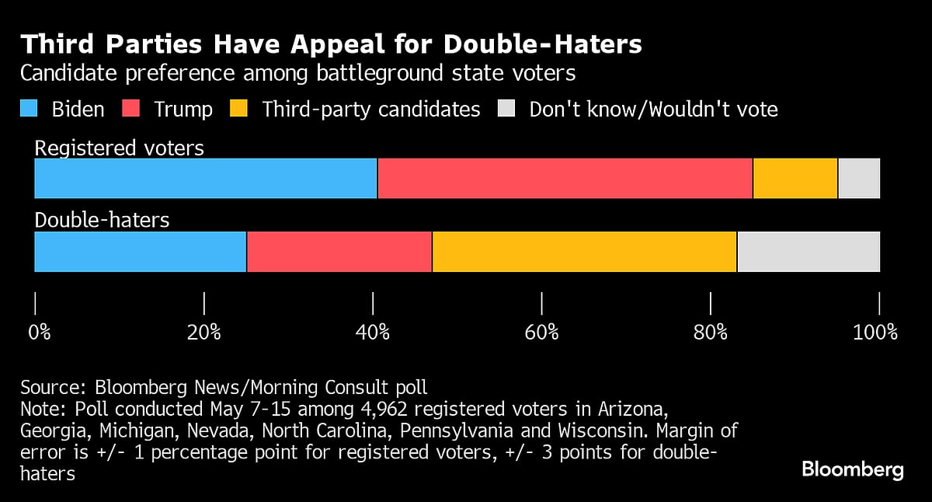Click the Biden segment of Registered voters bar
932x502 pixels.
(206, 178)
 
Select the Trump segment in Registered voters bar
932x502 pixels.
(565, 178)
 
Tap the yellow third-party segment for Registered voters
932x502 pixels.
(795, 178)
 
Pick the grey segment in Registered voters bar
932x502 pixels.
(859, 178)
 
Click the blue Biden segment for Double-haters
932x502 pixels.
(141, 252)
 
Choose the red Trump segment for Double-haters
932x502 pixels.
(339, 252)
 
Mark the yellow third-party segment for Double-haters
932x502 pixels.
(584, 252)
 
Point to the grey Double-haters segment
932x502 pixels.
(809, 252)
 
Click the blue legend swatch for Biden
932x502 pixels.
(29, 110)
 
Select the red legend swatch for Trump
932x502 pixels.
(131, 110)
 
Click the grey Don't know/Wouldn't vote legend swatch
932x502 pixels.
(506, 110)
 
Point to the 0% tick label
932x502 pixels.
(40, 333)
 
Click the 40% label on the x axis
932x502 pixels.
(373, 333)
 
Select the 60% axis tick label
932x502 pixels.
(541, 333)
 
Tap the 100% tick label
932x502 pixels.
(875, 333)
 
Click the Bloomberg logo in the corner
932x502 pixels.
(852, 469)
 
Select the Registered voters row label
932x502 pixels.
(120, 148)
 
